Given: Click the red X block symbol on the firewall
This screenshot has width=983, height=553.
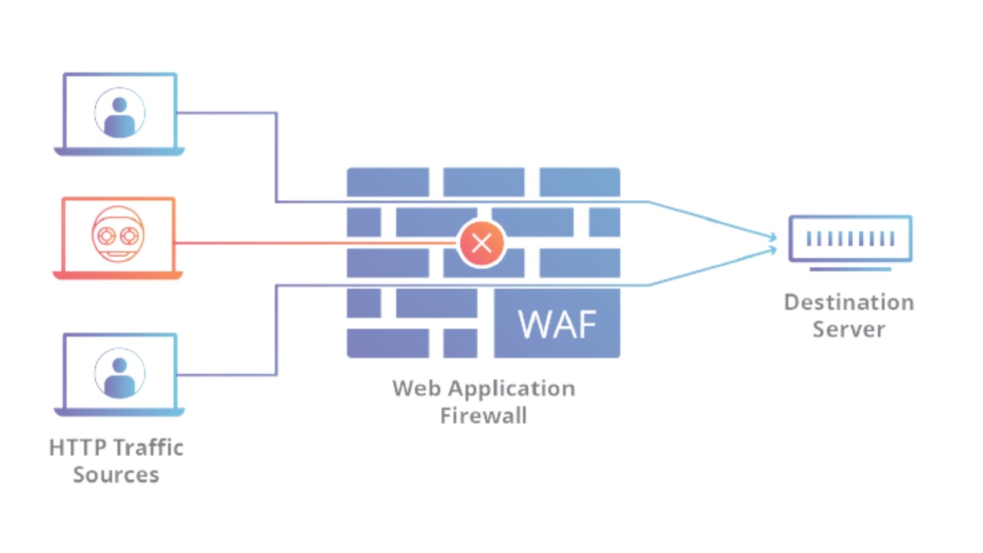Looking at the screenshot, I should (481, 243).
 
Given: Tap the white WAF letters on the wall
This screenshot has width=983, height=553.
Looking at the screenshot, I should (557, 324).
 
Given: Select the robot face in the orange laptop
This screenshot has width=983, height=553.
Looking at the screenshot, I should (118, 235).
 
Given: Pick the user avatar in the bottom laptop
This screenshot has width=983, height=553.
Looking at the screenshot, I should (119, 374).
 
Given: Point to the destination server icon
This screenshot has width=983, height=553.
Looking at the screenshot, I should (850, 239).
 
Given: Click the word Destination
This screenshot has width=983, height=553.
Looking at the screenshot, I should (849, 302).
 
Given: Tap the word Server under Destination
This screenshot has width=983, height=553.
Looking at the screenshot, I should (849, 329).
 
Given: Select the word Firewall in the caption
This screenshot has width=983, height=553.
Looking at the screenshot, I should (483, 415).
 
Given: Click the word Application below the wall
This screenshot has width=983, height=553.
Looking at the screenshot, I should (511, 388).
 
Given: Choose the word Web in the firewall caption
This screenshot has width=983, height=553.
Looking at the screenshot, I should (417, 388).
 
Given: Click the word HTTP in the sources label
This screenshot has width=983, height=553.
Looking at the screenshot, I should (77, 448).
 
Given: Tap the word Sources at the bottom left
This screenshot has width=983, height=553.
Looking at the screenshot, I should (116, 475).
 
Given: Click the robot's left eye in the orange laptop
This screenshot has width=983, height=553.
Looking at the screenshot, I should (106, 236).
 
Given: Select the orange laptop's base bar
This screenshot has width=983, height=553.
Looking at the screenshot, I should (118, 275).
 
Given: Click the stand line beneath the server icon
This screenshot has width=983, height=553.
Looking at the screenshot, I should (850, 269).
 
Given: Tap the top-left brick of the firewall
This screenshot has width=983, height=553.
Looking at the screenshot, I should (388, 182).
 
